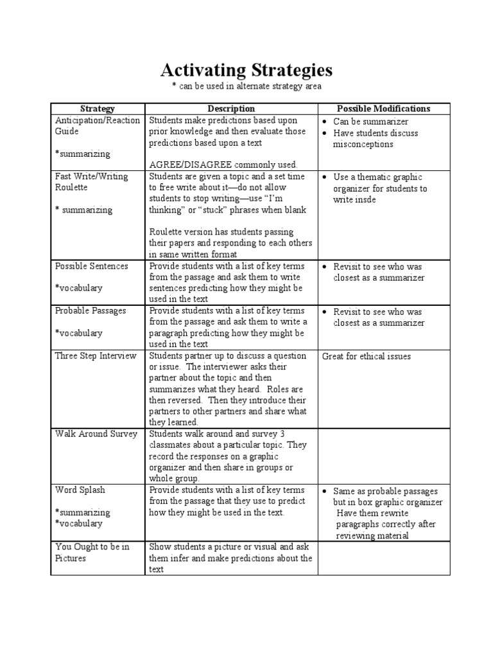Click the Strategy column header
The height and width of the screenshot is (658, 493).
coord(97,109)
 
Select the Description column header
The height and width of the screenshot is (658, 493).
coord(231,109)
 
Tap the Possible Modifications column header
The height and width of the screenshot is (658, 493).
coord(383,109)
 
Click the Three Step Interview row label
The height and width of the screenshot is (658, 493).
coord(96,356)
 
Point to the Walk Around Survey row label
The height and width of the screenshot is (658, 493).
coord(96,434)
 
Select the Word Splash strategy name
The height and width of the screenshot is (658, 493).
coord(80,490)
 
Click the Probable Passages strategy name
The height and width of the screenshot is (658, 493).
coord(91,310)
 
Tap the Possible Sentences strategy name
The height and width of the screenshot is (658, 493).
coord(91,266)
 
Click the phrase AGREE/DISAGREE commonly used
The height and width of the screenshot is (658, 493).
coord(218,164)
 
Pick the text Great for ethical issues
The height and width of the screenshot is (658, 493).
coord(366,356)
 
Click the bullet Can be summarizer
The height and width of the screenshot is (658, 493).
coord(370,121)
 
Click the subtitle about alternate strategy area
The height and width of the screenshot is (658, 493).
coord(246,86)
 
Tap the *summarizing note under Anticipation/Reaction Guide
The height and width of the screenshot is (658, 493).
coord(83,154)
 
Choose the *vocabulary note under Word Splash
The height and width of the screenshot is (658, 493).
coord(79,523)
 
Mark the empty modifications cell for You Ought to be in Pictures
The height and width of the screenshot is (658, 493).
coord(384,558)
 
